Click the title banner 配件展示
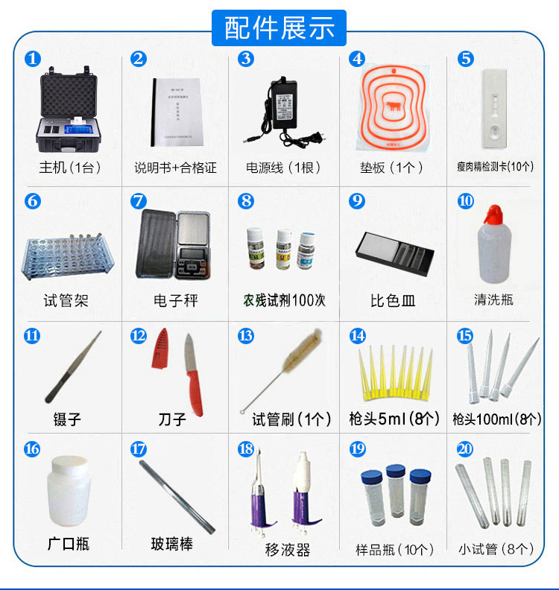point(279,28)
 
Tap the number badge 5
point(466,59)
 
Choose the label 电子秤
point(175,301)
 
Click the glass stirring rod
point(177,495)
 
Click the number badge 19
point(358,449)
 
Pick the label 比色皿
point(392,301)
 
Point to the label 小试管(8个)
point(496,550)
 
